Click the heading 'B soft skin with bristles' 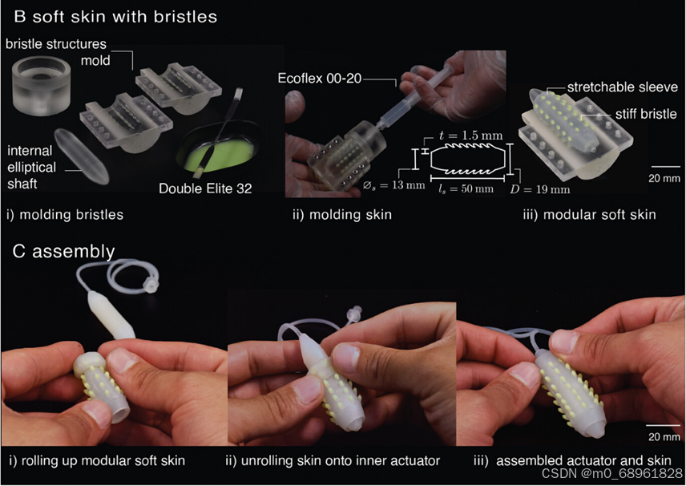coord(115,17)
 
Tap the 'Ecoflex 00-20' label coord(320,79)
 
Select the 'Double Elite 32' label coord(205,188)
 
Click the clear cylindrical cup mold coord(41,86)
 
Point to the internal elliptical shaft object coord(82,156)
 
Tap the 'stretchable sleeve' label coord(623,87)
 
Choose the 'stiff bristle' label coord(646,114)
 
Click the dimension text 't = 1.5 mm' coord(470,136)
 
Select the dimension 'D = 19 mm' coord(540,189)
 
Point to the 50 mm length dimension coord(466,188)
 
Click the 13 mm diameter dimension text coord(393,185)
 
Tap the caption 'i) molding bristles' coord(65,215)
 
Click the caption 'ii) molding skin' coord(342,215)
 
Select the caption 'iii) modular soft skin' coord(589,215)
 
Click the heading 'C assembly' coord(64,251)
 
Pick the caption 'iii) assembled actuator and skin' coord(572,460)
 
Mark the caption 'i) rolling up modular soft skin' coord(97,460)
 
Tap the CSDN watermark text coord(612,473)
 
